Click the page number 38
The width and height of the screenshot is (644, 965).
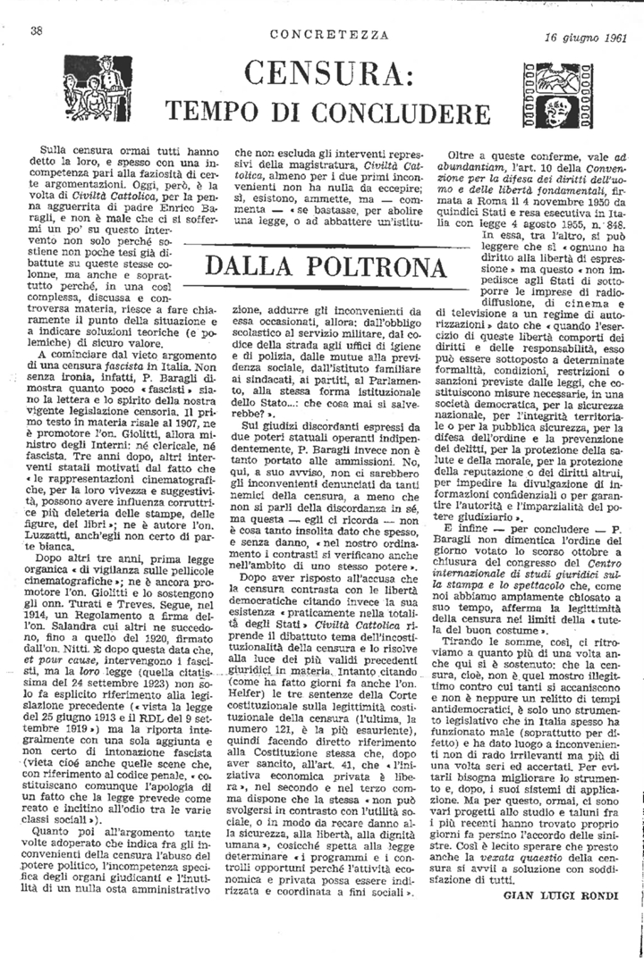(x=38, y=30)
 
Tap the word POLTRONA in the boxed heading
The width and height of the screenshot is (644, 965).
(x=376, y=268)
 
